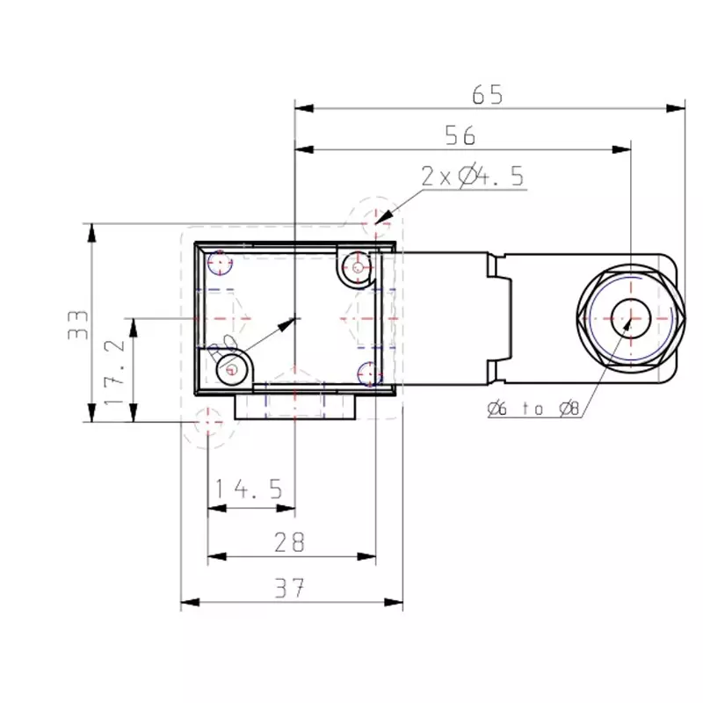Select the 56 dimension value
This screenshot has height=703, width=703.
click(460, 134)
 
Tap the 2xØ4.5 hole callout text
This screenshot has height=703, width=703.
click(472, 177)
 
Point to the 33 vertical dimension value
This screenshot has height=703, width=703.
click(76, 323)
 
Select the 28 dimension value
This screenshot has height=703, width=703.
click(289, 542)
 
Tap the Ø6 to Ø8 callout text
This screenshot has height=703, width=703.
click(532, 408)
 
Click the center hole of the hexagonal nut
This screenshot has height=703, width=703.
click(629, 316)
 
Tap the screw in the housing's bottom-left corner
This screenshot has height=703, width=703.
click(230, 369)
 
